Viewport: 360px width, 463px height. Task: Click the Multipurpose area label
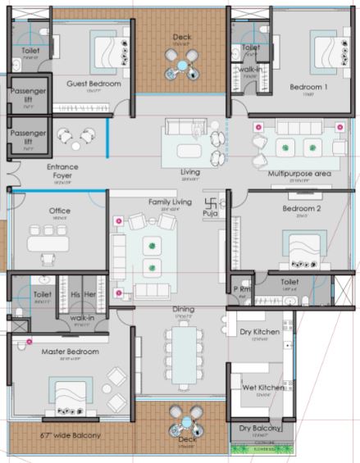(298, 175)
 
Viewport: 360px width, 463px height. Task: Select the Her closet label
(92, 294)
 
